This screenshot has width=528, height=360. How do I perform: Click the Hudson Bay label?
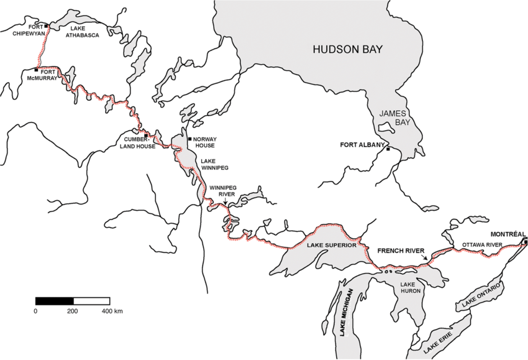(x=348, y=49)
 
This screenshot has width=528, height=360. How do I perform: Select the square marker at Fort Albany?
(x=388, y=149)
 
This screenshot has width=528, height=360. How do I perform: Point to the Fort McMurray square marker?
(x=36, y=70)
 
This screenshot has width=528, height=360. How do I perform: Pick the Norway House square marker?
(x=189, y=139)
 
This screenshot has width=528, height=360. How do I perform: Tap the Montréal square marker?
(x=525, y=241)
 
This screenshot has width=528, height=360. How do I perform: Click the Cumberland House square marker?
(x=145, y=136)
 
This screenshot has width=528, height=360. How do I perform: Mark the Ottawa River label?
(x=481, y=245)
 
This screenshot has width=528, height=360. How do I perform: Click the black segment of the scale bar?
(x=54, y=301)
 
